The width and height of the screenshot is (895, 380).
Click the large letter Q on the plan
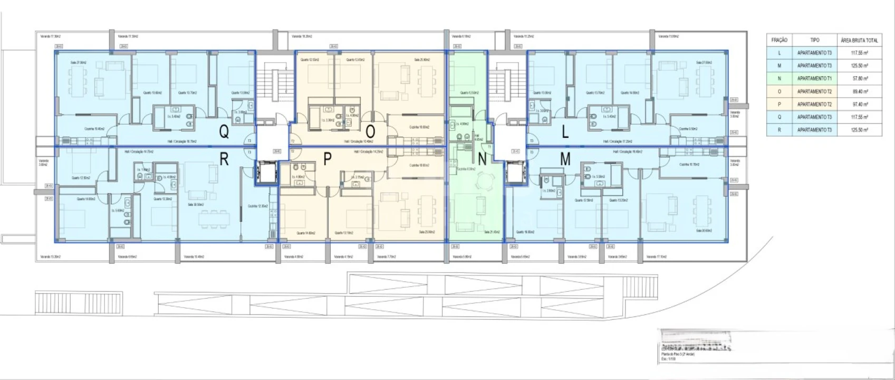click(x=224, y=132)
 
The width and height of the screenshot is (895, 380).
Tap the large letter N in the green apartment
click(x=482, y=159)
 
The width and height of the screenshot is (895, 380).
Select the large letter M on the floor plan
click(x=565, y=159)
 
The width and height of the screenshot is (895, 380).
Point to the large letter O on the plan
click(x=371, y=131)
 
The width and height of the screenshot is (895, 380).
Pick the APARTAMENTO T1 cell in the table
click(x=814, y=78)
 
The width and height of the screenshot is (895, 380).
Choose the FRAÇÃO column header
click(x=779, y=40)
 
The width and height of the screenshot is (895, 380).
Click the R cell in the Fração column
click(x=779, y=129)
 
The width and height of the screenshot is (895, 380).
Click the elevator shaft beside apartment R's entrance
click(x=265, y=172)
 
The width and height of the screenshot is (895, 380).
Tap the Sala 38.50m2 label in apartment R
click(x=196, y=204)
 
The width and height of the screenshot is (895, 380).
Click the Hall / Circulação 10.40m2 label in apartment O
click(x=359, y=141)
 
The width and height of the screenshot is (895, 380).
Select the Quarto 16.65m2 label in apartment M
click(x=525, y=232)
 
